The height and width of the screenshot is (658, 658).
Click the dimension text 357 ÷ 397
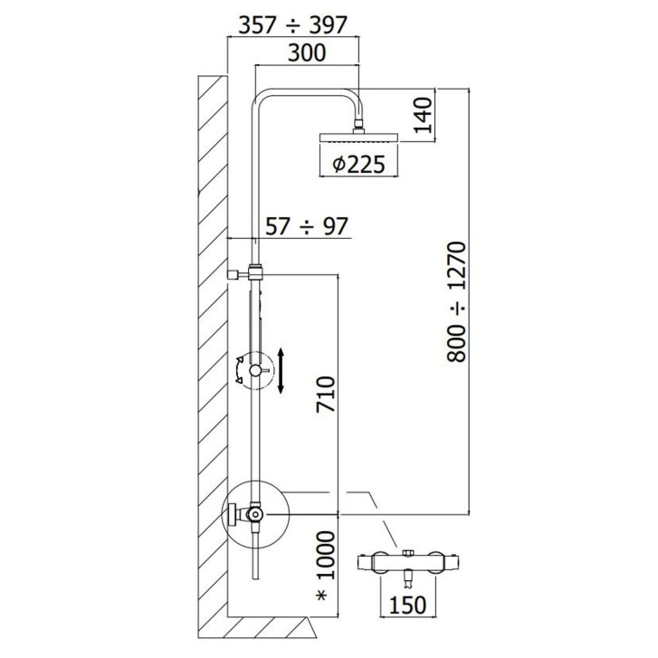click(293, 25)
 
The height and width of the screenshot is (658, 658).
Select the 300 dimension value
click(307, 52)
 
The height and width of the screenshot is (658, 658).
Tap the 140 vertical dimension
click(423, 115)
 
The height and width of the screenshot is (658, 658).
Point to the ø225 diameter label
click(358, 164)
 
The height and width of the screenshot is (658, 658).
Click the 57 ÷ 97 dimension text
click(307, 226)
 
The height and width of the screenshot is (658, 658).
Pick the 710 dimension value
click(326, 395)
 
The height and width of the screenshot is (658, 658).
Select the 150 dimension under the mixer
click(407, 606)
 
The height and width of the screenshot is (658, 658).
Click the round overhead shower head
click(359, 138)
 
